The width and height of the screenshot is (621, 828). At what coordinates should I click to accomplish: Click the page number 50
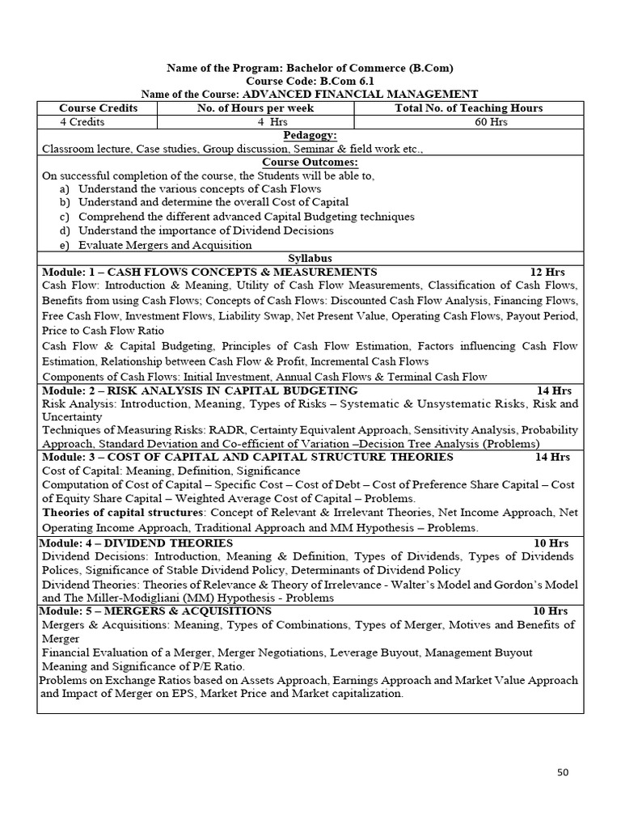click(x=563, y=772)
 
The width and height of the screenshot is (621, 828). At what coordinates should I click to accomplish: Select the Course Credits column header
click(x=98, y=108)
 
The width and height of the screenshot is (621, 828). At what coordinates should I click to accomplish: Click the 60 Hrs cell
click(x=468, y=122)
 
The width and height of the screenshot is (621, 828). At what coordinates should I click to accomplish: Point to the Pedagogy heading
click(x=310, y=135)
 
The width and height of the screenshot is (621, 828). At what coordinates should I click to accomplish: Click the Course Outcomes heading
click(x=310, y=162)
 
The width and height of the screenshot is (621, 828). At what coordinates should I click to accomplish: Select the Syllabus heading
click(x=310, y=258)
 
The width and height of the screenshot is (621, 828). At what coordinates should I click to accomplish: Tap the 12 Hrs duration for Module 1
click(x=547, y=272)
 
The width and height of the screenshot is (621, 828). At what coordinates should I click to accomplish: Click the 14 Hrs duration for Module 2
click(x=554, y=391)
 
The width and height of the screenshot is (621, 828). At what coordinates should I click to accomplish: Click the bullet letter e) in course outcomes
click(x=64, y=244)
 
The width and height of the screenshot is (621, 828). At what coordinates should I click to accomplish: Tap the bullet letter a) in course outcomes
click(x=64, y=188)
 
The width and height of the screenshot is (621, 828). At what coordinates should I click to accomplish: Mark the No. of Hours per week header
click(x=256, y=108)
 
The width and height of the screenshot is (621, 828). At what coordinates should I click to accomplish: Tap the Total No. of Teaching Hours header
click(x=468, y=108)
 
